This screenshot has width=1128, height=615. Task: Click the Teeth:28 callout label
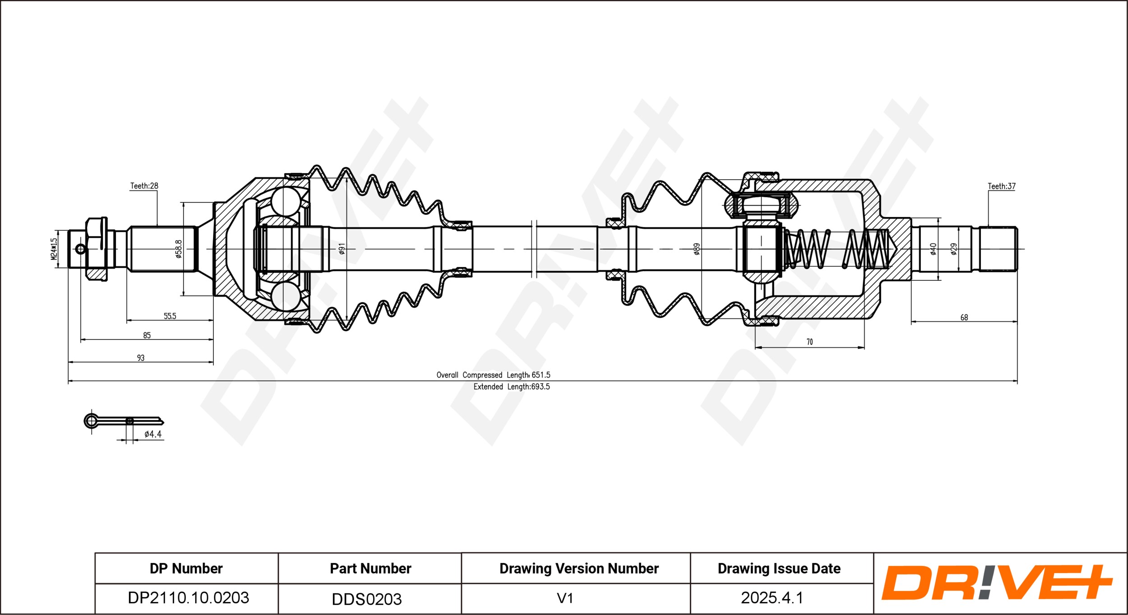144,185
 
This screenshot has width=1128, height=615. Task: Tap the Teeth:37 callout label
1001,186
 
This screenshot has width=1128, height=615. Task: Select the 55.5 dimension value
170,316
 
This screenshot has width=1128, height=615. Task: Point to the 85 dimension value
147,335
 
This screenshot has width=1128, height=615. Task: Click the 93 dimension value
141,358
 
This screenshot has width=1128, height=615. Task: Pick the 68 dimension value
964,317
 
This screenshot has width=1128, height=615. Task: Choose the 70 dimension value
809,342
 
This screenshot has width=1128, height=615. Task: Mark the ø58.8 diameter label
179,249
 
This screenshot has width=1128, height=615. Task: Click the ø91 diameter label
342,249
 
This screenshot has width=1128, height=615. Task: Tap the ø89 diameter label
697,249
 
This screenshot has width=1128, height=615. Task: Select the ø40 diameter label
933,249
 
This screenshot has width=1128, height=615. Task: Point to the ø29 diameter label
953,249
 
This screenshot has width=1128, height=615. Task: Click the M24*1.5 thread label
54,249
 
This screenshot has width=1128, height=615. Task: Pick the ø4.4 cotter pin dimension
153,434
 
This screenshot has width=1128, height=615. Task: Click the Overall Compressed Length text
493,375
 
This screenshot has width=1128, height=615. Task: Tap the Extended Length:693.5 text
511,387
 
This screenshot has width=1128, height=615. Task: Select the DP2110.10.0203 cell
188,598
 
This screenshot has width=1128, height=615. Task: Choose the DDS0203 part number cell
366,599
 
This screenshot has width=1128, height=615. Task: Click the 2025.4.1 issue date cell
772,598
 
